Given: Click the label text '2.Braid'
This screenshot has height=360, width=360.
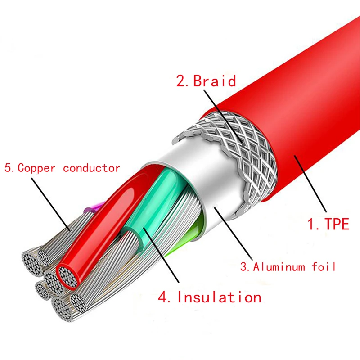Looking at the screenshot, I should click(x=206, y=81).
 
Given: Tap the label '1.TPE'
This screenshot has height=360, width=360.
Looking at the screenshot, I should click(x=328, y=224).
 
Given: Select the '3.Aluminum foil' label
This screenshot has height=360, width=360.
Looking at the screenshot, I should click(x=288, y=267).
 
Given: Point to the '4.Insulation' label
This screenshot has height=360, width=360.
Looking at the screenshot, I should click(x=209, y=297).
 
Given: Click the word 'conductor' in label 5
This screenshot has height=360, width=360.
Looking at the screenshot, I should click(x=91, y=168).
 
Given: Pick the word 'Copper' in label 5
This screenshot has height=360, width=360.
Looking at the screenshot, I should click(x=36, y=168).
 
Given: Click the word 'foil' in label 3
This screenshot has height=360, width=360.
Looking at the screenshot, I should click(x=324, y=267).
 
